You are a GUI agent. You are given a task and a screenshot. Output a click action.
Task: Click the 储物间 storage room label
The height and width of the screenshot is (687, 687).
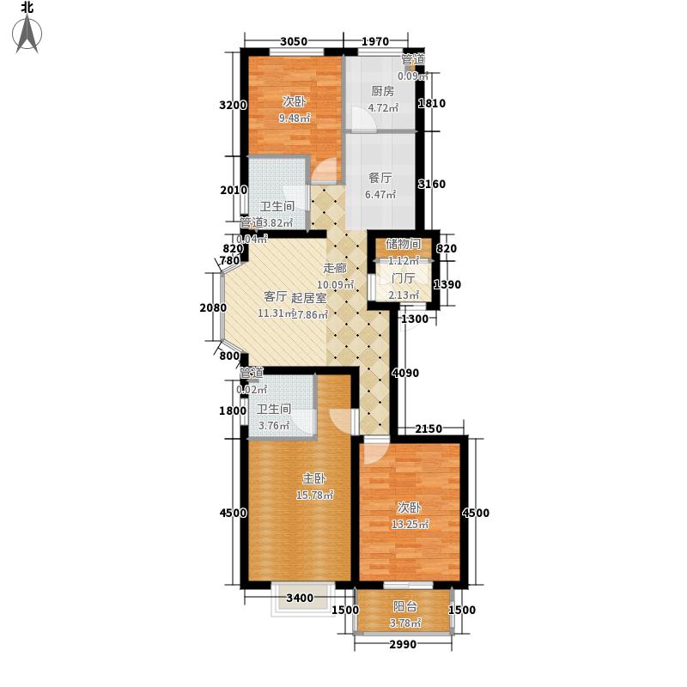click(402, 244)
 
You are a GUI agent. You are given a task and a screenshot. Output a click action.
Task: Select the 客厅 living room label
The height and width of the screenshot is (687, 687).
click(275, 297)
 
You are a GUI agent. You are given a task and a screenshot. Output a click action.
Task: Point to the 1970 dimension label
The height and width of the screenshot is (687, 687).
click(374, 41)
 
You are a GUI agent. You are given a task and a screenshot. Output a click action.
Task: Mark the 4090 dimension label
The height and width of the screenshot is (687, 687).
click(404, 373)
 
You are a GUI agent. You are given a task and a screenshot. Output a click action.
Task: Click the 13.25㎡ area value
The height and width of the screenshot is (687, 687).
click(411, 524)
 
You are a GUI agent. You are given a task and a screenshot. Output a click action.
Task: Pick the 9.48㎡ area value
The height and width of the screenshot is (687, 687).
click(293, 119)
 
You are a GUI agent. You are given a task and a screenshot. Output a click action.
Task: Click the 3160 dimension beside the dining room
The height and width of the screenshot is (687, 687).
click(432, 184)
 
